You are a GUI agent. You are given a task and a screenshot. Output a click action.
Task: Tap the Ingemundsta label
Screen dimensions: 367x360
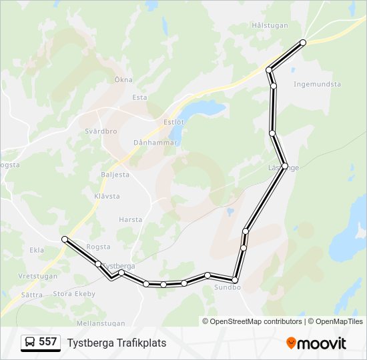pyautogui.click(x=317, y=85)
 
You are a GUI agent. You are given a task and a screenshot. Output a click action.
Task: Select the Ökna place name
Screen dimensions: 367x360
pyautogui.click(x=123, y=79)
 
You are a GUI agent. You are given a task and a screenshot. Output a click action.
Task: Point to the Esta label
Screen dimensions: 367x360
pyautogui.click(x=139, y=97)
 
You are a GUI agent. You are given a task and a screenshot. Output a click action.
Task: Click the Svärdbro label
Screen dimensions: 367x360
pyautogui.click(x=101, y=131)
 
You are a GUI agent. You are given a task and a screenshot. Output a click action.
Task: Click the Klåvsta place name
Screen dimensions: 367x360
pyautogui.click(x=107, y=196)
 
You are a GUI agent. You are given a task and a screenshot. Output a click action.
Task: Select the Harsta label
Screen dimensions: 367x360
pyautogui.click(x=131, y=219)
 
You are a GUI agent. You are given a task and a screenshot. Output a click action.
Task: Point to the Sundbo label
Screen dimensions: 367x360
pyautogui.click(x=227, y=288)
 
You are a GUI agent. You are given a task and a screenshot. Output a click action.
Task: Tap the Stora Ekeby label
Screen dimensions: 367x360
pyautogui.click(x=74, y=293)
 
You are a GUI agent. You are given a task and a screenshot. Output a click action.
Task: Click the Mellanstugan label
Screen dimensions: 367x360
pyautogui.click(x=101, y=323)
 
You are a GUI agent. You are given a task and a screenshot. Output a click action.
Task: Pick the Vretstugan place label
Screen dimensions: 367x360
pyautogui.click(x=37, y=275)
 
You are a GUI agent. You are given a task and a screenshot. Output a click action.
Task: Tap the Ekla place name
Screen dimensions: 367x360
pyautogui.click(x=37, y=250)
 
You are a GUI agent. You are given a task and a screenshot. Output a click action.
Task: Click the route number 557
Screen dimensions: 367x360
pyautogui.click(x=47, y=342)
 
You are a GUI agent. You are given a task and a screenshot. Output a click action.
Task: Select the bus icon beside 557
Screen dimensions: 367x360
pyautogui.click(x=30, y=342)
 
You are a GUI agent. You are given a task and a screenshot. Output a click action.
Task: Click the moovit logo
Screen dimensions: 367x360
pyautogui.click(x=316, y=343)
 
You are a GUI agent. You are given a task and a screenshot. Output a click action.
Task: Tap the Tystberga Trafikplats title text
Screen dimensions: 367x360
pyautogui.click(x=117, y=343)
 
